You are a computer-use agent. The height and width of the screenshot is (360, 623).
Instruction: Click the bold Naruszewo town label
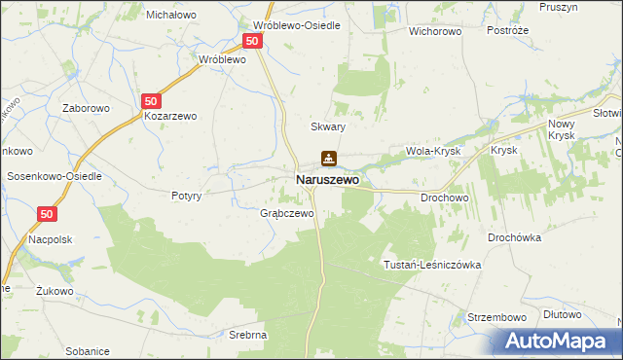327,180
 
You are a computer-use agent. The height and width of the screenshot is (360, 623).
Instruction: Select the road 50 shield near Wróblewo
252,41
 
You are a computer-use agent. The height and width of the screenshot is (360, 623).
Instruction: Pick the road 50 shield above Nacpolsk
48,213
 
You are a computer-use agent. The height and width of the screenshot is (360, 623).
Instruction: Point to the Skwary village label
328,126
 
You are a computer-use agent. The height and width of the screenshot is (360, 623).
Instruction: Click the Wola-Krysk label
432,152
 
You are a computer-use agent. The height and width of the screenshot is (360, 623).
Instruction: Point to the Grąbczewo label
286,213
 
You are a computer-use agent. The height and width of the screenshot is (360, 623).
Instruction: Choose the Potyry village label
185,195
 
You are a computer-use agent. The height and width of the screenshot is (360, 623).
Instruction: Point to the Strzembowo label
496,317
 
